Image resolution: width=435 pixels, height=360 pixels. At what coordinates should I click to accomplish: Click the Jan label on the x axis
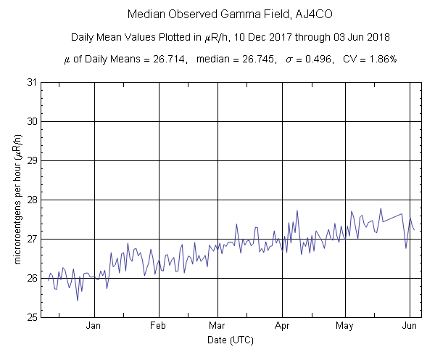(x=94, y=326)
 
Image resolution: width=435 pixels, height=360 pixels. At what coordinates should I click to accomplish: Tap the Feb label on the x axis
(x=159, y=326)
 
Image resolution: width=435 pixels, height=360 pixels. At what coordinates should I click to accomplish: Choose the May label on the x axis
(x=345, y=326)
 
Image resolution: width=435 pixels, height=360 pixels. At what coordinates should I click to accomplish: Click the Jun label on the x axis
(x=410, y=326)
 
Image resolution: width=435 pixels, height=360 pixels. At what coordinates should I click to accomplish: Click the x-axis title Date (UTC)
(x=225, y=340)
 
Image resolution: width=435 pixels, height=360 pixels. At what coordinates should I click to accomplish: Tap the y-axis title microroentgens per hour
(x=17, y=200)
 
